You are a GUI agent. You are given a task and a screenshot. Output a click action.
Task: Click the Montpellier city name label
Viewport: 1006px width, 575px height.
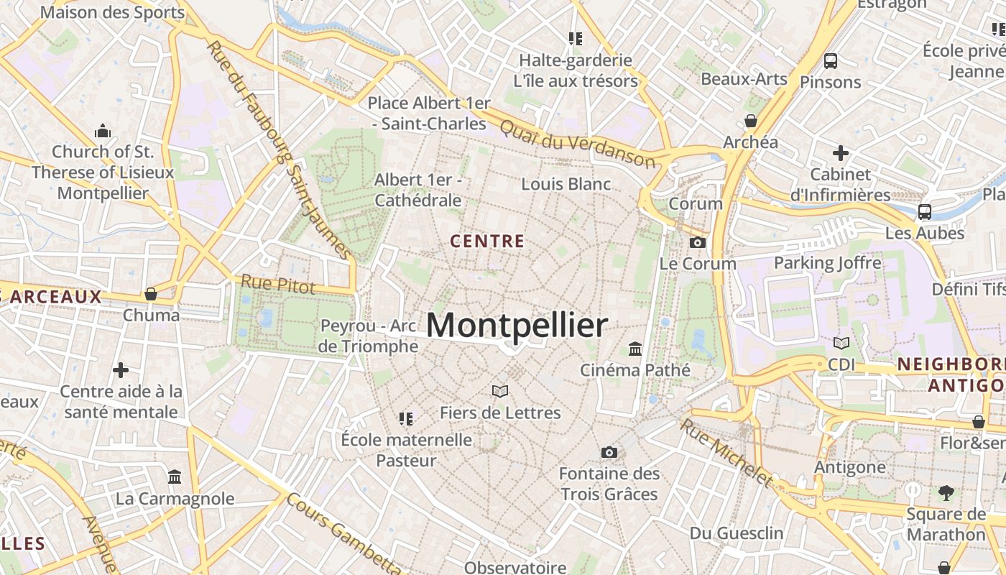pyautogui.click(x=517, y=325)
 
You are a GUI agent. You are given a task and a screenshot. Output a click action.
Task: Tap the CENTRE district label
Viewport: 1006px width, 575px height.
pyautogui.click(x=487, y=241)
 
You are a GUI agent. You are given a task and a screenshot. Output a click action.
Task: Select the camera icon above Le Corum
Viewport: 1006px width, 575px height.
pyautogui.click(x=697, y=243)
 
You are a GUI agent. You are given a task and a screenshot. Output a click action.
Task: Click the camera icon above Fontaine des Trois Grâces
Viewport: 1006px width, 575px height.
pyautogui.click(x=609, y=452)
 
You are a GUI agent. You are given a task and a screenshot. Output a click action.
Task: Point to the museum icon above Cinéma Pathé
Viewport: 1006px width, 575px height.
pyautogui.click(x=635, y=349)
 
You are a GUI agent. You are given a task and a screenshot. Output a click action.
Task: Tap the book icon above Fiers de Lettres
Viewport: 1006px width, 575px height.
pyautogui.click(x=500, y=391)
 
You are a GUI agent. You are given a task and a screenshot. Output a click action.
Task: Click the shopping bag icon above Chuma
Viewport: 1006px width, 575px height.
pyautogui.click(x=151, y=294)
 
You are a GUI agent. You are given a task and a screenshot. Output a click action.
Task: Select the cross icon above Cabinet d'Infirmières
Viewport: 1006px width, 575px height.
pyautogui.click(x=840, y=153)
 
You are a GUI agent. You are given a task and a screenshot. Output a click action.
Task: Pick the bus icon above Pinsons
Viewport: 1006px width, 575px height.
pyautogui.click(x=831, y=61)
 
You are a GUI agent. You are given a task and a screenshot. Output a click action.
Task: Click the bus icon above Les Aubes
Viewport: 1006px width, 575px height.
pyautogui.click(x=925, y=212)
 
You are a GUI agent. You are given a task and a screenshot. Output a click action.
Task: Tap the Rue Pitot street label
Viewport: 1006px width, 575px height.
pyautogui.click(x=278, y=284)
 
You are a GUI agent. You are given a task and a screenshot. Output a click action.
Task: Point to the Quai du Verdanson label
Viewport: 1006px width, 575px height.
pyautogui.click(x=577, y=143)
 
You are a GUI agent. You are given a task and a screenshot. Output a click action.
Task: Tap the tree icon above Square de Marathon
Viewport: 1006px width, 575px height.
pyautogui.click(x=946, y=493)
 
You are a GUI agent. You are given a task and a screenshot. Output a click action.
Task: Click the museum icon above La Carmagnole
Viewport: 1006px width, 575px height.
pyautogui.click(x=175, y=477)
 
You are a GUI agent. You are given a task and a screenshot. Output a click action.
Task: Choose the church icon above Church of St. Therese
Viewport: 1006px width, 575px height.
pyautogui.click(x=103, y=131)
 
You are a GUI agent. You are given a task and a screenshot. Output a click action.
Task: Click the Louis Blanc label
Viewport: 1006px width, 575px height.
pyautogui.click(x=566, y=184)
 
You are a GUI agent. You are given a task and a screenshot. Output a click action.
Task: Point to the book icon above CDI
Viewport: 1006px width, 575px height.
pyautogui.click(x=841, y=344)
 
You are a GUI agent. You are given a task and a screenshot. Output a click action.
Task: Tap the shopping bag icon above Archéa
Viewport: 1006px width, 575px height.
pyautogui.click(x=751, y=121)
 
